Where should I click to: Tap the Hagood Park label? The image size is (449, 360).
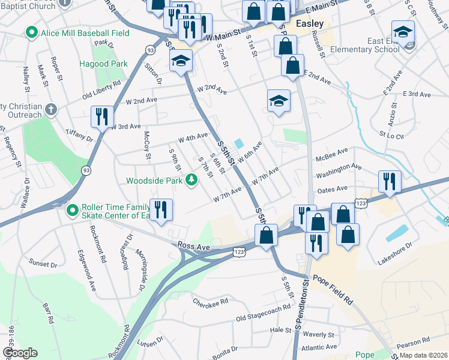tap(103, 63)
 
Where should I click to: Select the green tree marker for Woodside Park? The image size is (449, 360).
tap(191, 179)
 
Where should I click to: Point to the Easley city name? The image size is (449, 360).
tap(310, 23)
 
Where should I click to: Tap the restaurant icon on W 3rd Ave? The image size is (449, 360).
tap(101, 116)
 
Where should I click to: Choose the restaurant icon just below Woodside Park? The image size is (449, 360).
tap(161, 210)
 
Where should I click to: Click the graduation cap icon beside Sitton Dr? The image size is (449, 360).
tap(180, 61)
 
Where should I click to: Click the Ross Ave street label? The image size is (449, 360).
tap(194, 246)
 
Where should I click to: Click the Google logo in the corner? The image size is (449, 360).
tap(20, 353)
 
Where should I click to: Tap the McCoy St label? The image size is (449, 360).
tap(146, 146)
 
